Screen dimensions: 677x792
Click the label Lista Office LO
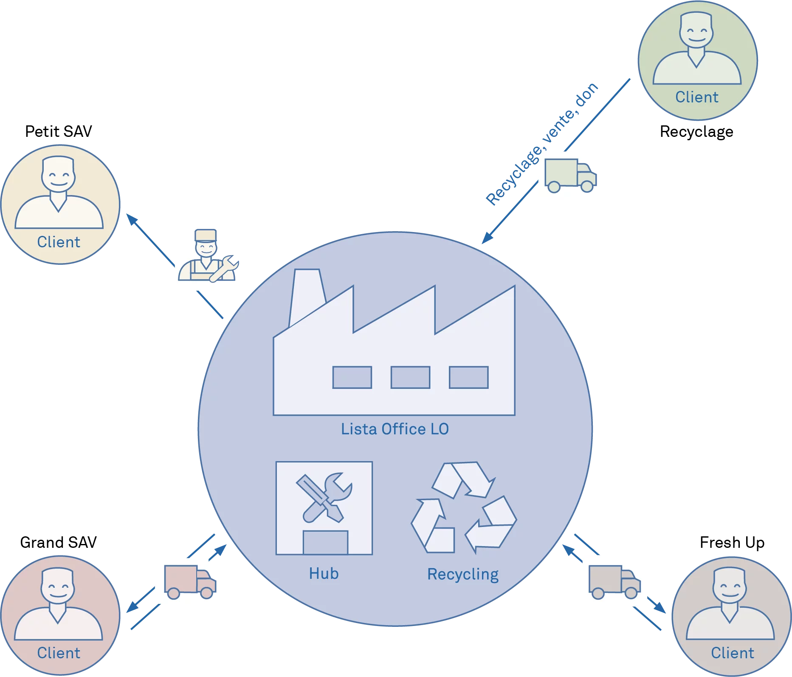[x=395, y=429]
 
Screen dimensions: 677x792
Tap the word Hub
[x=324, y=574]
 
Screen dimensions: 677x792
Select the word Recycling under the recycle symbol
[x=462, y=574]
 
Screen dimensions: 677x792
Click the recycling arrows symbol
[x=463, y=508]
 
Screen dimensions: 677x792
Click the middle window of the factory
[x=410, y=377]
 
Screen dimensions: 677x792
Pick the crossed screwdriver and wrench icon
[x=324, y=497]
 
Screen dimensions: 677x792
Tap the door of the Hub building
[x=325, y=542]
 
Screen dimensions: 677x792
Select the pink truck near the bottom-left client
[x=190, y=581]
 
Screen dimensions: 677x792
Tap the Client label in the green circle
[x=696, y=97]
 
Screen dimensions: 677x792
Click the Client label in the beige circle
[x=59, y=242]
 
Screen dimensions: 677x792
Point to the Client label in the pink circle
[x=59, y=653]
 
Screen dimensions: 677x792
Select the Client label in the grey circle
[x=733, y=653]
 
